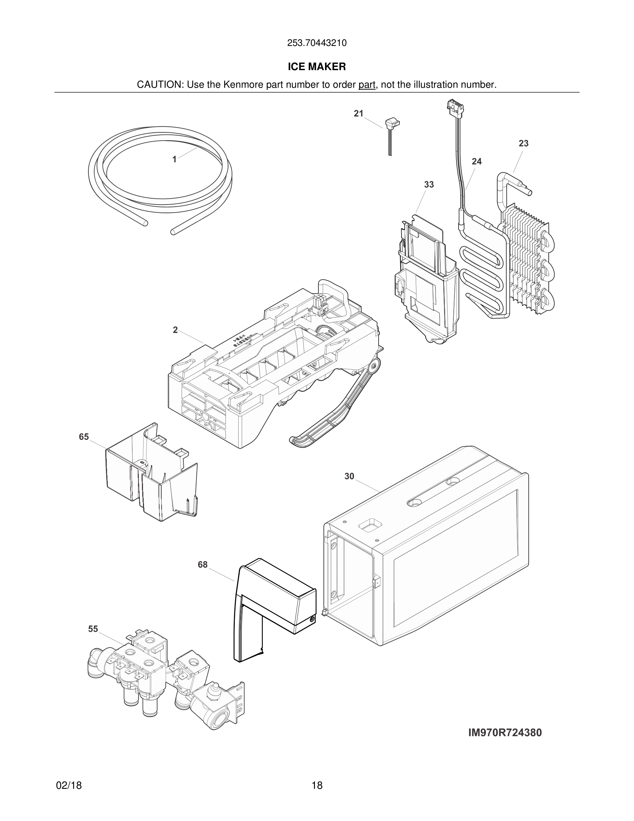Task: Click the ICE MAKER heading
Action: click(317, 67)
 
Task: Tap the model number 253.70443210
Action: click(317, 43)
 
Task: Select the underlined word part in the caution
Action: click(367, 85)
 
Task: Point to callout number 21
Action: click(359, 114)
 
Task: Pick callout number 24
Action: click(477, 161)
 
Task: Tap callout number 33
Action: click(429, 185)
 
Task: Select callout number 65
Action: click(84, 437)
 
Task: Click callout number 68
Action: click(203, 575)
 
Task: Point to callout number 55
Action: click(93, 629)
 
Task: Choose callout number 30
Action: click(349, 476)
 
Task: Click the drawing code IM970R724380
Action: click(505, 733)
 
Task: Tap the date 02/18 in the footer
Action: click(69, 785)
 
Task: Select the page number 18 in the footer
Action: click(317, 785)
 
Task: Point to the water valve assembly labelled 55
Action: click(165, 677)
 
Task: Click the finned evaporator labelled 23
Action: click(526, 259)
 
